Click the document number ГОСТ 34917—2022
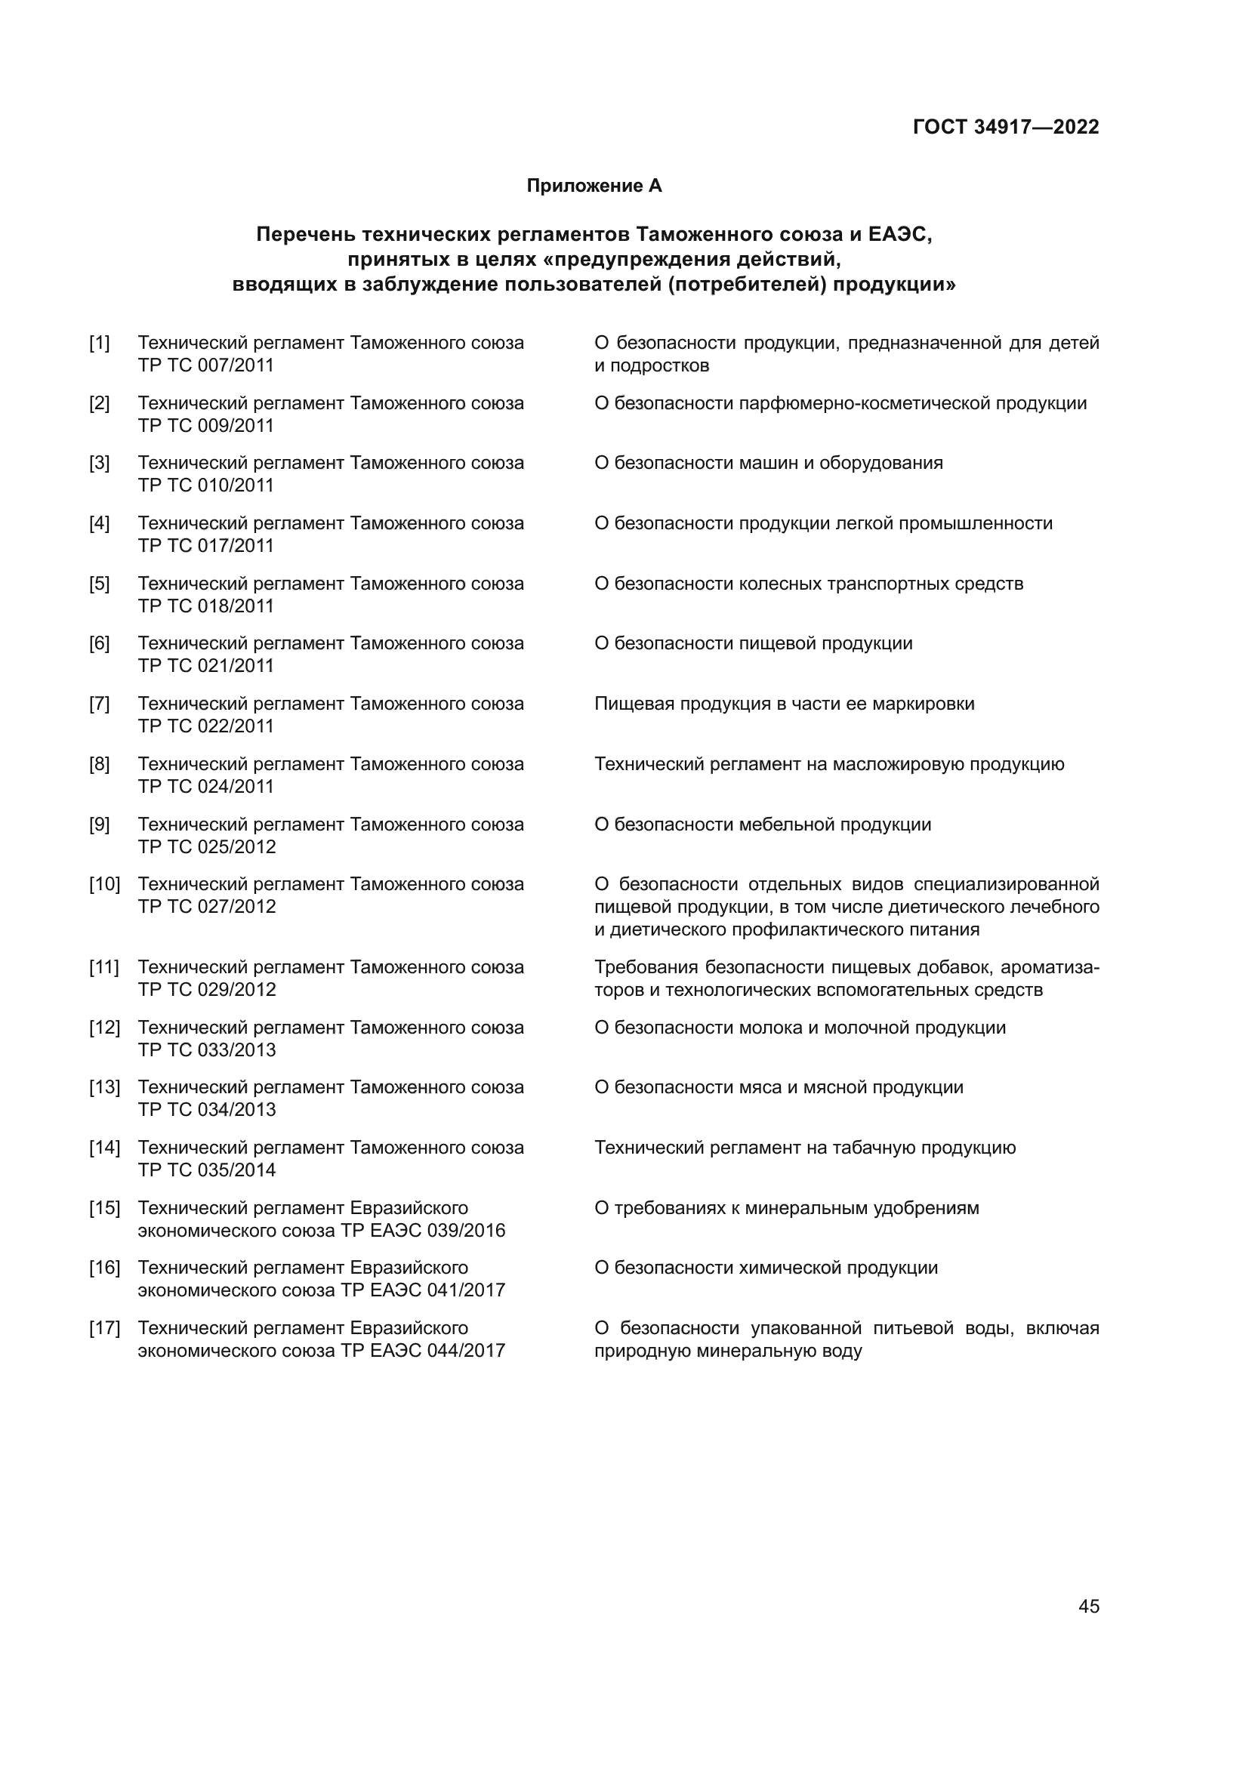coord(1005,127)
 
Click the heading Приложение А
coord(594,186)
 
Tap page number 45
coord(1088,1606)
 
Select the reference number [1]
coord(99,343)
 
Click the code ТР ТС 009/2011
coord(205,425)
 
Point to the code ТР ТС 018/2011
coord(205,606)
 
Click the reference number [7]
coord(99,704)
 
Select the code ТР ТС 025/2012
coord(207,847)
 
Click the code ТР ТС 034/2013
coord(207,1110)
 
